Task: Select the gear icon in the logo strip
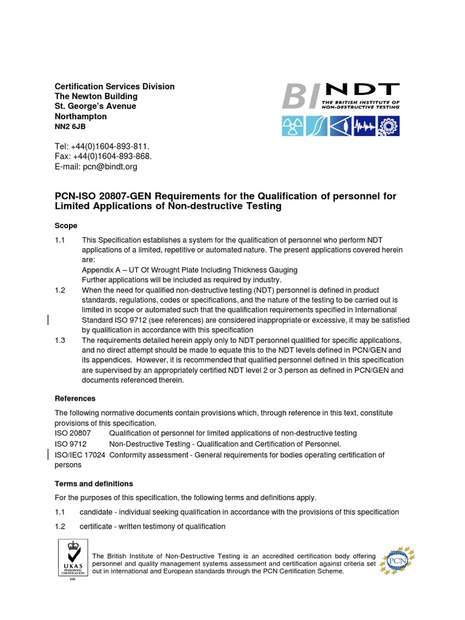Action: [388, 125]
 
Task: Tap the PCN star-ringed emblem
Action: [397, 562]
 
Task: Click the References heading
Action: [75, 398]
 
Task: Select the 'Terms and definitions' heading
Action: [94, 484]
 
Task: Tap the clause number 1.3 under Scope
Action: [60, 341]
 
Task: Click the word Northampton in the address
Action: [81, 116]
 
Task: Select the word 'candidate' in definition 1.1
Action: [97, 512]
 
